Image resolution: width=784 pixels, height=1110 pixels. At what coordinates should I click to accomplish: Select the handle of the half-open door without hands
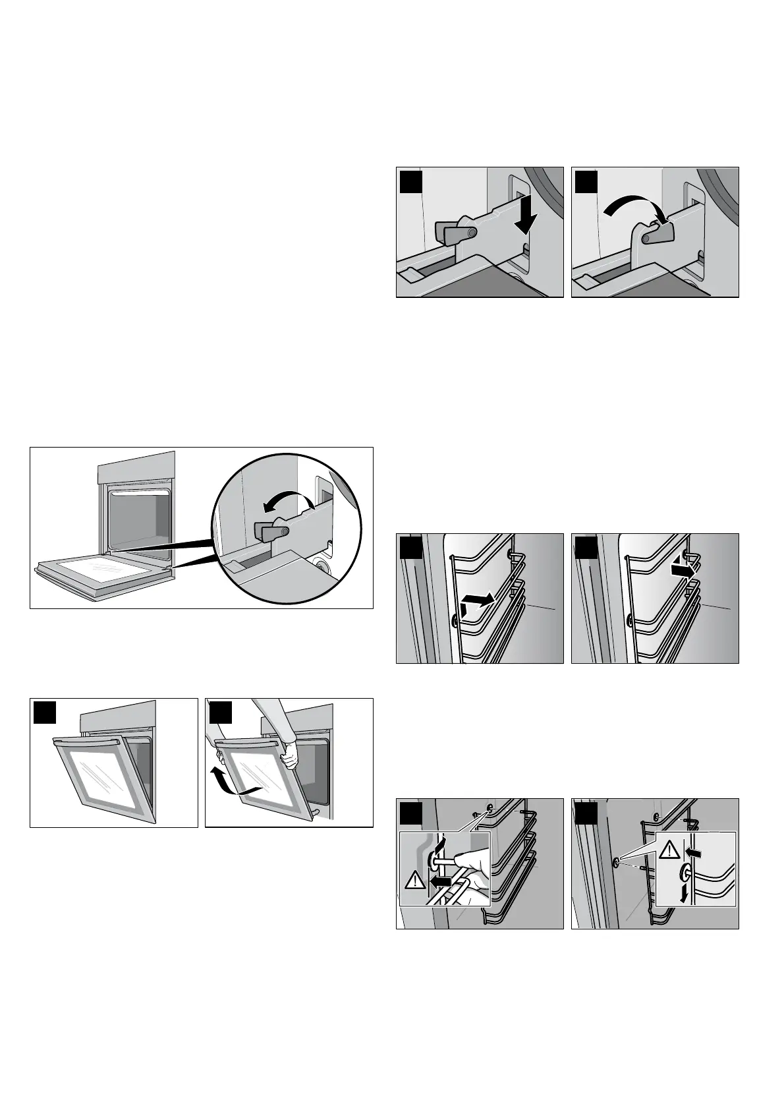(88, 742)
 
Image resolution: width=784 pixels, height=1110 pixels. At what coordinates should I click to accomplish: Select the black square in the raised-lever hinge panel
(586, 181)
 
